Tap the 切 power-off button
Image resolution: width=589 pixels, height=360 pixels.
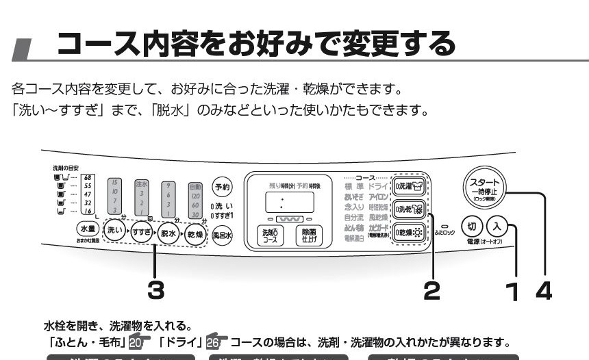(x=471, y=225)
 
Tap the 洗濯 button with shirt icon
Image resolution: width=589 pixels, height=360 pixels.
(x=410, y=184)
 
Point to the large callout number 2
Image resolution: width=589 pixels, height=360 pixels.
(x=431, y=290)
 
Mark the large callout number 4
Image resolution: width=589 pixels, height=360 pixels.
(x=542, y=290)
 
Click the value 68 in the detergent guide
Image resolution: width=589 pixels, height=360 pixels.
(x=88, y=177)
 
